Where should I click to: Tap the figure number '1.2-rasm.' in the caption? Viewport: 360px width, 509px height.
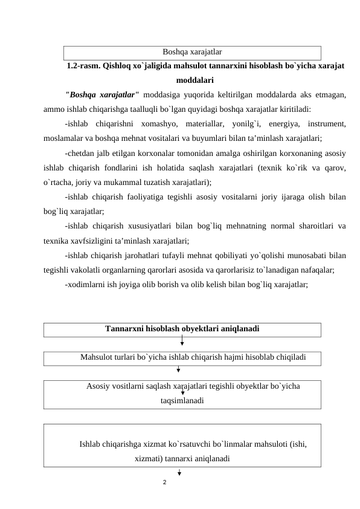coord(84,65)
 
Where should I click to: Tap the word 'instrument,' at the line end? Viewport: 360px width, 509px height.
coord(324,124)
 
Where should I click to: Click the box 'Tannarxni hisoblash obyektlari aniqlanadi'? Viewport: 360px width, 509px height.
coord(182,329)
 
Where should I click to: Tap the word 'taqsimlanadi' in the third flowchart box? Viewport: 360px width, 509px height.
coord(182,400)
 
